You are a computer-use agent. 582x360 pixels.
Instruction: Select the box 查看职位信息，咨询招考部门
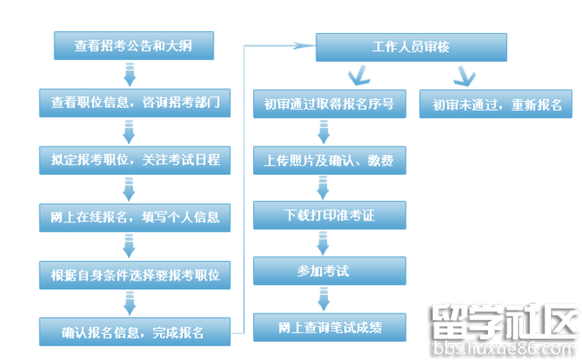click(135, 102)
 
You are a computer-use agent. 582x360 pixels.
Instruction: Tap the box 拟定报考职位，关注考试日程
click(135, 159)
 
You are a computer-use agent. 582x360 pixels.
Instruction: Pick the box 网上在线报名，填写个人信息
click(135, 216)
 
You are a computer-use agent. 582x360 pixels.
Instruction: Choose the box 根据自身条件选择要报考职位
click(135, 275)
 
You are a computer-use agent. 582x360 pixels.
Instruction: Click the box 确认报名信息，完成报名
click(135, 332)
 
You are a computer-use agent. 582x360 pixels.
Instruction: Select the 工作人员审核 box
click(410, 47)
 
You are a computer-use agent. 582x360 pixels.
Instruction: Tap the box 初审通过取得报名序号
click(329, 104)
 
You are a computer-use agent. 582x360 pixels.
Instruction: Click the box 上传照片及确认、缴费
click(329, 159)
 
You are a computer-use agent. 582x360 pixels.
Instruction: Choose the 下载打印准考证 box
click(329, 214)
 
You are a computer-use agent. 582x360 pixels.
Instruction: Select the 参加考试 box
click(329, 270)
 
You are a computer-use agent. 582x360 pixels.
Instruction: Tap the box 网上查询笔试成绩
click(329, 327)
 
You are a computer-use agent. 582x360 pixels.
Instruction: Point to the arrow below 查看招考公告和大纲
click(129, 73)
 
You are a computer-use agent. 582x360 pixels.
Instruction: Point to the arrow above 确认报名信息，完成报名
click(129, 303)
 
